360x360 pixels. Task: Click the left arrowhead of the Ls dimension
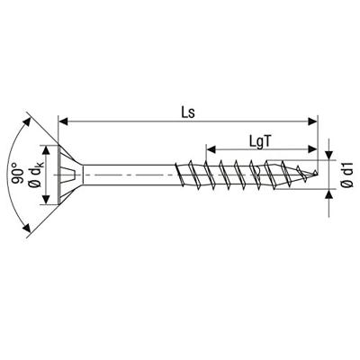coord(63,120)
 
